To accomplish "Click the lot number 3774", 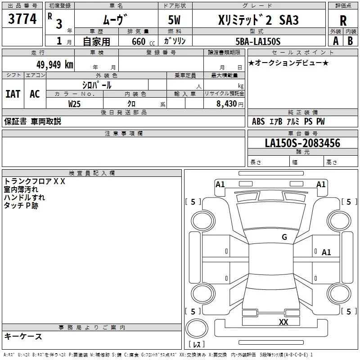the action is pyautogui.click(x=22, y=19).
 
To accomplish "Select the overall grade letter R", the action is pyautogui.click(x=343, y=21).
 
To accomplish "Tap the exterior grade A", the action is pyautogui.click(x=336, y=41).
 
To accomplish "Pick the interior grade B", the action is pyautogui.click(x=350, y=41).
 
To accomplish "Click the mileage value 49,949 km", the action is pyautogui.click(x=54, y=65).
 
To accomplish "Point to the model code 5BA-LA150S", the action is pyautogui.click(x=258, y=41).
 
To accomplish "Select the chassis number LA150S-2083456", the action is pyautogui.click(x=302, y=143).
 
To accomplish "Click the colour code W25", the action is pyautogui.click(x=74, y=104).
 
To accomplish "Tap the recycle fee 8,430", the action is pyautogui.click(x=227, y=104).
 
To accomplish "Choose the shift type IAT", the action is pyautogui.click(x=13, y=94).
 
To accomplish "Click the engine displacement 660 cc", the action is pyautogui.click(x=143, y=41).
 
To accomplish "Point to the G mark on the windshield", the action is pyautogui.click(x=284, y=237).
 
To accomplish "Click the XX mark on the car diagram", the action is pyautogui.click(x=283, y=322).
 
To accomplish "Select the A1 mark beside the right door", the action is pyautogui.click(x=326, y=252).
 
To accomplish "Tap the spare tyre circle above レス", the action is pyautogui.click(x=197, y=328).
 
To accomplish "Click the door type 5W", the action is pyautogui.click(x=174, y=20).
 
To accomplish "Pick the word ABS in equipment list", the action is pyautogui.click(x=258, y=121).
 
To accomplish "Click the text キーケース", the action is pyautogui.click(x=23, y=336).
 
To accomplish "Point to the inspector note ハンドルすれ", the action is pyautogui.click(x=24, y=198).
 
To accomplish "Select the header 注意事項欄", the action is pyautogui.click(x=124, y=133).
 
